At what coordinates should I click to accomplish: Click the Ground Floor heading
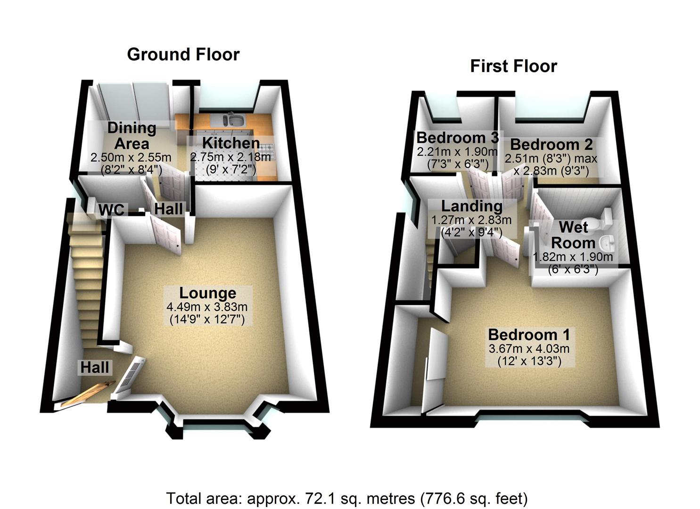(x=183, y=55)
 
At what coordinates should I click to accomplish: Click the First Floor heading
(x=513, y=66)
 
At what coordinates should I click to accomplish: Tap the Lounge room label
(x=207, y=293)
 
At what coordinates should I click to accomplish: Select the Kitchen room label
(x=231, y=143)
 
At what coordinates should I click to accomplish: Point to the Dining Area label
(x=132, y=135)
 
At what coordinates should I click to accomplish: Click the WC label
(x=111, y=210)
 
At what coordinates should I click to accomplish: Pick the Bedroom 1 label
(x=529, y=335)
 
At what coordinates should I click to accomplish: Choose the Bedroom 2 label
(x=551, y=144)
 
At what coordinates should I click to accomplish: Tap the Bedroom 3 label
(x=457, y=138)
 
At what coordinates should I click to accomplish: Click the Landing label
(x=471, y=206)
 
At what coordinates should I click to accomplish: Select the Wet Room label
(x=573, y=235)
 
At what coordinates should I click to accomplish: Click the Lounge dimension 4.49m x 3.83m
(x=207, y=307)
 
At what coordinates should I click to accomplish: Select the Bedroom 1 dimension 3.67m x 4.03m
(x=529, y=349)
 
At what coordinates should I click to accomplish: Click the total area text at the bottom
(x=346, y=498)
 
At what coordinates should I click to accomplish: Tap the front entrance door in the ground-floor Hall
(x=87, y=394)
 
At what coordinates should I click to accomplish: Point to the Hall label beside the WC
(x=168, y=208)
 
